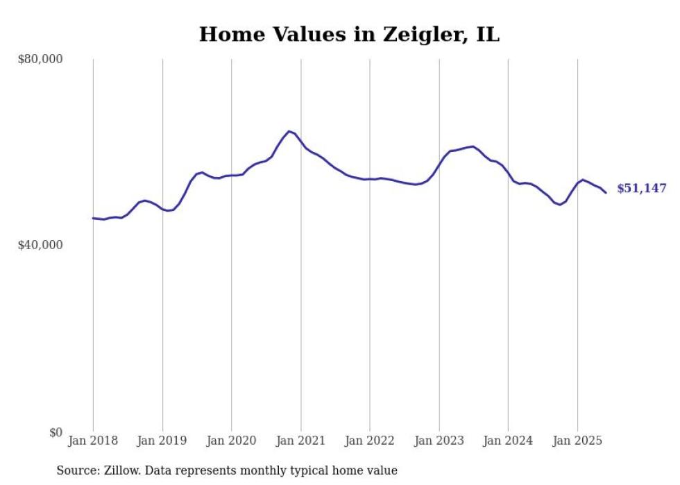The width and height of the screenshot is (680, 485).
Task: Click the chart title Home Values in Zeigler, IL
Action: (349, 34)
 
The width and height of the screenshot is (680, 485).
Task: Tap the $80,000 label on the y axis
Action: (40, 60)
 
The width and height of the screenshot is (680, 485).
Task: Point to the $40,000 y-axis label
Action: (40, 246)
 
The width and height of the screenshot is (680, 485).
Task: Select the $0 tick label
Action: (56, 432)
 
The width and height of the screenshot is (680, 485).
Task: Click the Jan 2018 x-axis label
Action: (93, 441)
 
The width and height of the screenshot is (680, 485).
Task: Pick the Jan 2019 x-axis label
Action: (162, 441)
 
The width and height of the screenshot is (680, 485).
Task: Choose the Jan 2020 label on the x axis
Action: (232, 441)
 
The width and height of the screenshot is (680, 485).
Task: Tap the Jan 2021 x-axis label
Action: (300, 441)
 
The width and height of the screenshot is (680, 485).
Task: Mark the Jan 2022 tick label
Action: (370, 441)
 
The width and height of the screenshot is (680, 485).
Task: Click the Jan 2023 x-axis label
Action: (439, 441)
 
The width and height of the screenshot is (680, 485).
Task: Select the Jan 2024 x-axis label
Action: (508, 441)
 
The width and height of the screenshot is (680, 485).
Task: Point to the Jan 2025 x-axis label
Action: (577, 441)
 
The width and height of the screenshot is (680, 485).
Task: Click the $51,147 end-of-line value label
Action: (642, 189)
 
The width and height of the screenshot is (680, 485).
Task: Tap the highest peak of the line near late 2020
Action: (289, 131)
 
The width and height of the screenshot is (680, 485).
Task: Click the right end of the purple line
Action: (606, 193)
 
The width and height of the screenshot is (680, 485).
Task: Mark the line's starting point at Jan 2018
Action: (93, 218)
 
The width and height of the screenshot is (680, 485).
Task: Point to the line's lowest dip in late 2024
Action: (560, 205)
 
